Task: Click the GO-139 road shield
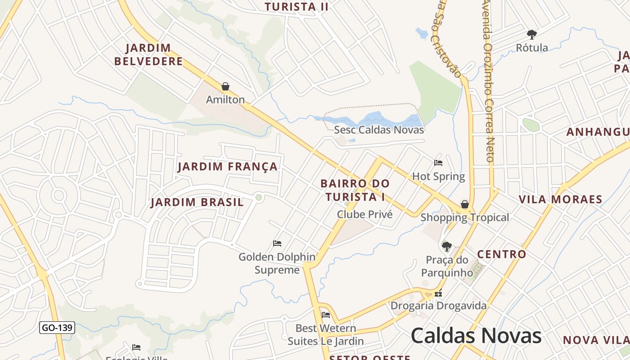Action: pyautogui.click(x=57, y=328)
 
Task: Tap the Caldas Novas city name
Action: pyautogui.click(x=476, y=336)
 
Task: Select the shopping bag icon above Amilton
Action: pyautogui.click(x=225, y=86)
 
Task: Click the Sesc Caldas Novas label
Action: pyautogui.click(x=379, y=130)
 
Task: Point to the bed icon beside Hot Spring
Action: pyautogui.click(x=438, y=163)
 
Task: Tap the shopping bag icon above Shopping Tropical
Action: pyautogui.click(x=464, y=204)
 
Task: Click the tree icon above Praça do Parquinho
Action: pyautogui.click(x=446, y=246)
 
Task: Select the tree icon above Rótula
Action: pyautogui.click(x=532, y=34)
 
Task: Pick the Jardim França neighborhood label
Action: pyautogui.click(x=228, y=166)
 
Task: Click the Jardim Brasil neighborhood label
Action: pyautogui.click(x=197, y=202)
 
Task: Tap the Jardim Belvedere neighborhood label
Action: pyautogui.click(x=148, y=54)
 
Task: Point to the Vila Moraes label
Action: pyautogui.click(x=560, y=199)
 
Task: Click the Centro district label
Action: pyautogui.click(x=501, y=254)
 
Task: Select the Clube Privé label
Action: pyautogui.click(x=364, y=214)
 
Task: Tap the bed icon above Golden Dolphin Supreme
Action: pyautogui.click(x=277, y=243)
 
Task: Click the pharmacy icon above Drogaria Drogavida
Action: pyautogui.click(x=438, y=294)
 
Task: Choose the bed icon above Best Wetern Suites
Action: pyautogui.click(x=326, y=315)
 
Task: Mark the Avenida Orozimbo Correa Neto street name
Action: pyautogui.click(x=489, y=81)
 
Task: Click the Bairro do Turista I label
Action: pyautogui.click(x=355, y=190)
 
